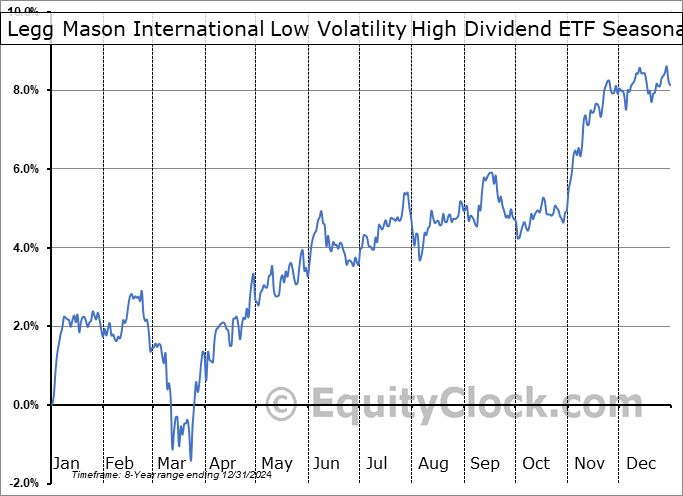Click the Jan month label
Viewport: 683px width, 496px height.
[x=66, y=463]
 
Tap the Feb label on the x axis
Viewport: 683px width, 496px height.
[x=119, y=463]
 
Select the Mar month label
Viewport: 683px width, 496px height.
[x=171, y=463]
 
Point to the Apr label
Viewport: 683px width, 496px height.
[x=223, y=463]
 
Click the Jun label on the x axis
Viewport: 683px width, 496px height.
[x=328, y=463]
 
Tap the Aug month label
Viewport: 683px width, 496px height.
[x=432, y=463]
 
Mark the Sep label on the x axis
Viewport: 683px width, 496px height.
[x=484, y=463]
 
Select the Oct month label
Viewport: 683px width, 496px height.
[x=536, y=463]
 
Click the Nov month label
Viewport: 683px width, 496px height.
[x=588, y=463]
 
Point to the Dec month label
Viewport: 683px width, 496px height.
[x=640, y=463]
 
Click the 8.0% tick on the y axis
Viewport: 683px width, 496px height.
[x=25, y=90]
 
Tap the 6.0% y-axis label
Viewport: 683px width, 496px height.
[x=25, y=169]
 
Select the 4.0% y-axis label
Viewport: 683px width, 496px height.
[x=25, y=248]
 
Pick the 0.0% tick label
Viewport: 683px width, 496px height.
[x=25, y=405]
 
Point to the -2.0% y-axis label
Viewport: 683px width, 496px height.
[x=22, y=483]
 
